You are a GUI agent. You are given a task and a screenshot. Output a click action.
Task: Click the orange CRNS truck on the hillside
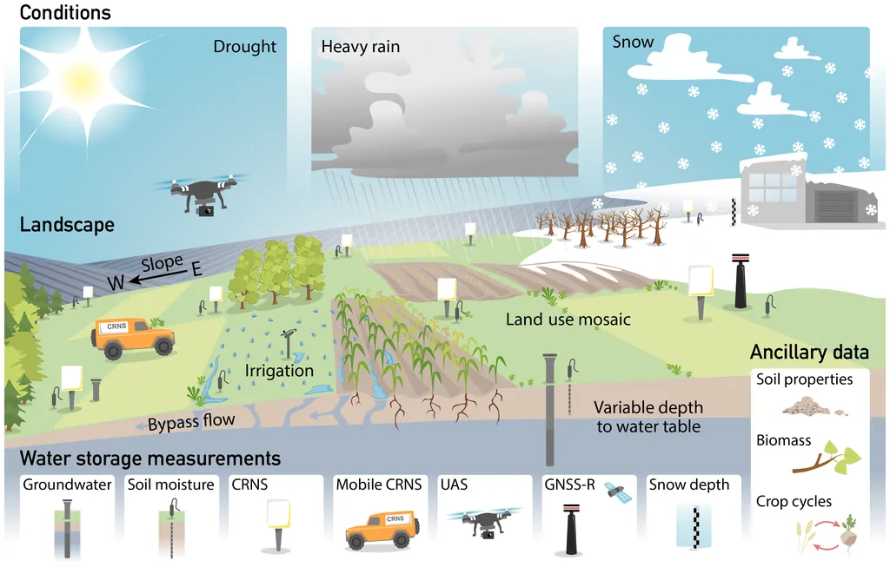(x=133, y=339)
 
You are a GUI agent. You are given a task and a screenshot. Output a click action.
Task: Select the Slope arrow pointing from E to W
(x=159, y=277)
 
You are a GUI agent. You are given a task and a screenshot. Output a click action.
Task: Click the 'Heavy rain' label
(x=361, y=47)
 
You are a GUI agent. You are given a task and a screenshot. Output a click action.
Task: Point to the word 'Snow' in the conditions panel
(x=633, y=42)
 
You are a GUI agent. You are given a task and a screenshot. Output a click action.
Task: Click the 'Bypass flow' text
(x=191, y=422)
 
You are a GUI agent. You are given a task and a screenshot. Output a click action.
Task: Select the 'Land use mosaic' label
(x=568, y=320)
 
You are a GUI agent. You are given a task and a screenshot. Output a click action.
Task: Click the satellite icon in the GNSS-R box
(x=617, y=491)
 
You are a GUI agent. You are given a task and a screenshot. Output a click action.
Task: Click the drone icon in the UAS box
(x=483, y=522)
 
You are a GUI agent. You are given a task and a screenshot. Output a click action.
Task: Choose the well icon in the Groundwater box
(x=68, y=529)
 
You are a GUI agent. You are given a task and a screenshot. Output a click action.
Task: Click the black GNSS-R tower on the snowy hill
(x=741, y=280)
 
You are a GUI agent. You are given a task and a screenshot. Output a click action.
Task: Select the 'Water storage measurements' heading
(x=150, y=458)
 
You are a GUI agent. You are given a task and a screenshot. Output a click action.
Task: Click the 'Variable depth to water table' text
(x=648, y=417)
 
